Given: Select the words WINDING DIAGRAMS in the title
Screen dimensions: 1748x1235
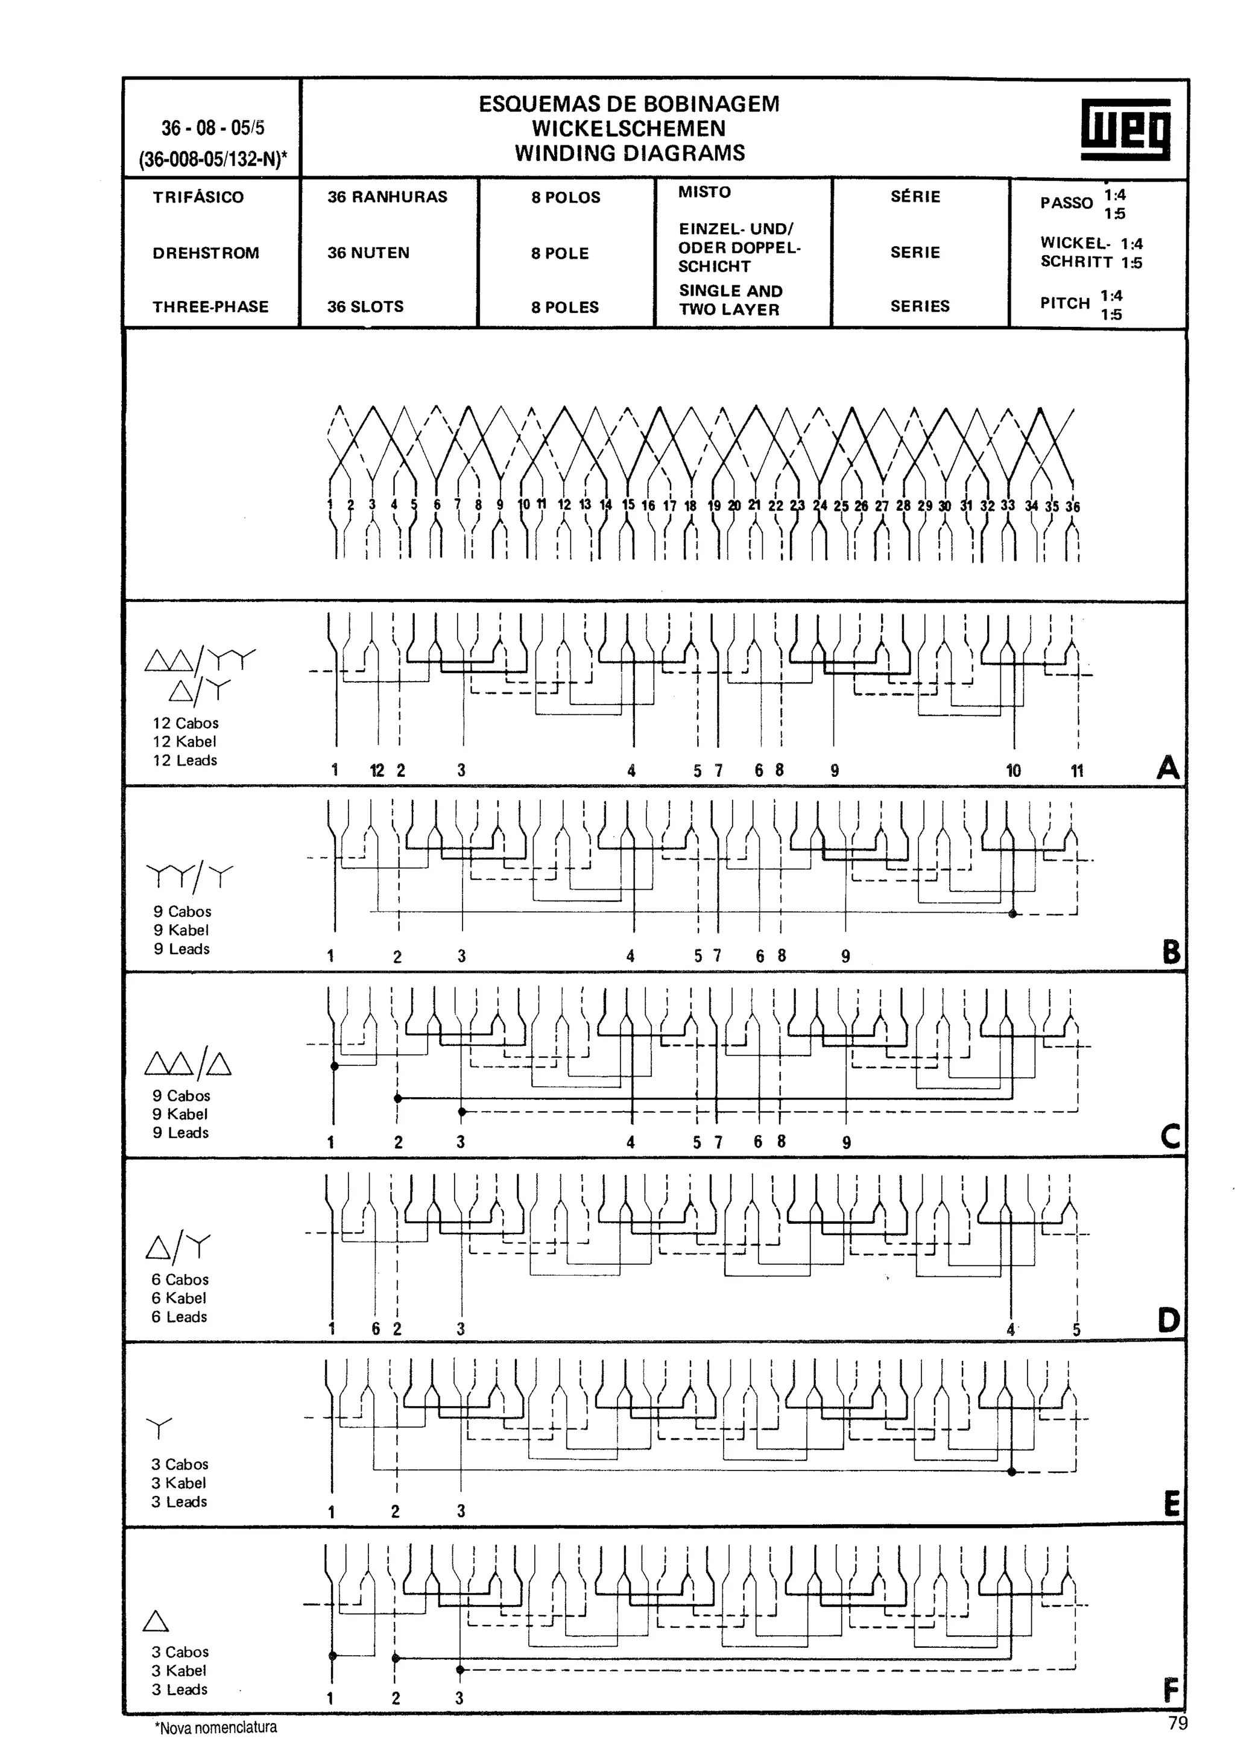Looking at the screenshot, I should pos(630,153).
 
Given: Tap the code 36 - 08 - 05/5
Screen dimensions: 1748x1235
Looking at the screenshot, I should pos(212,128).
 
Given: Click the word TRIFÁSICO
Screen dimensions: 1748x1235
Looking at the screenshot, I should pos(198,197).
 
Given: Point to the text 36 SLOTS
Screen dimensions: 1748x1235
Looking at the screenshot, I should pos(365,307).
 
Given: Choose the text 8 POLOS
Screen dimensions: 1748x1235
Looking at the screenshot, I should pos(566,197).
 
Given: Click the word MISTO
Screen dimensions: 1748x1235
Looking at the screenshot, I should pos(704,192).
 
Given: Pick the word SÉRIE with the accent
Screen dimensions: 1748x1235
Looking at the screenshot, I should pos(915,197).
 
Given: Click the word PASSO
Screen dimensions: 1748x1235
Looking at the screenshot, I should pos(1066,203).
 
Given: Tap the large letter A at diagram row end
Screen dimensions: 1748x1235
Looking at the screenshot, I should pos(1168,767).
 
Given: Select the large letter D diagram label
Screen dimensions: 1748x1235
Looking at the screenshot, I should pos(1168,1321).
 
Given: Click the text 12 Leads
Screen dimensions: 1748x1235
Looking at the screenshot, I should pos(185,761).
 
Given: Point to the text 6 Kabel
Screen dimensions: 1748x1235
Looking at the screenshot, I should pos(179,1298).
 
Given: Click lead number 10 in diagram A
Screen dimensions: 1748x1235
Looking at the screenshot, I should pos(1013,770).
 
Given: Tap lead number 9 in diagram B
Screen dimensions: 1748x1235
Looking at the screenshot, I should pos(845,956).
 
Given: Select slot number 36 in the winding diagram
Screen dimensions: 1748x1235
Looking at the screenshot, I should pos(1072,506).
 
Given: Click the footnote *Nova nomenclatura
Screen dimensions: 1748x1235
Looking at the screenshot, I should pos(216,1727).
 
